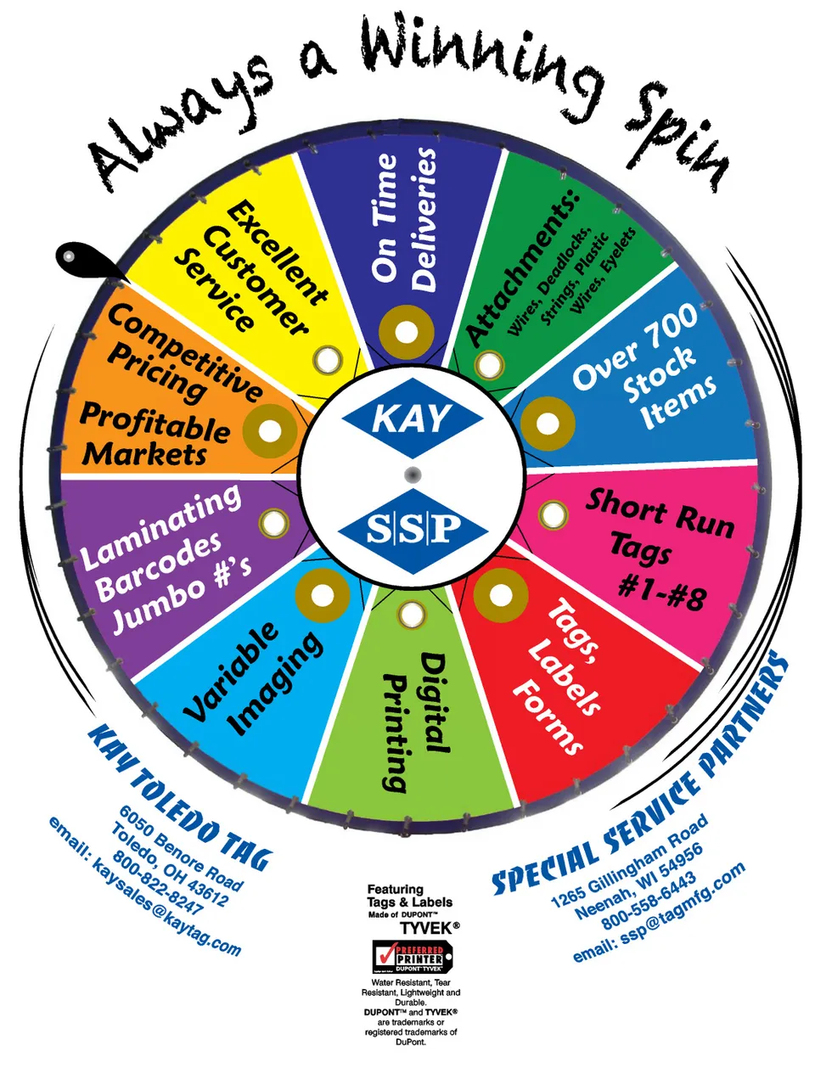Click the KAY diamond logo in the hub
[412, 418]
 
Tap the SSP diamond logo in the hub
[412, 531]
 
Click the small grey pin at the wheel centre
[412, 474]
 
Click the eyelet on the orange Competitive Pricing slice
[270, 431]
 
